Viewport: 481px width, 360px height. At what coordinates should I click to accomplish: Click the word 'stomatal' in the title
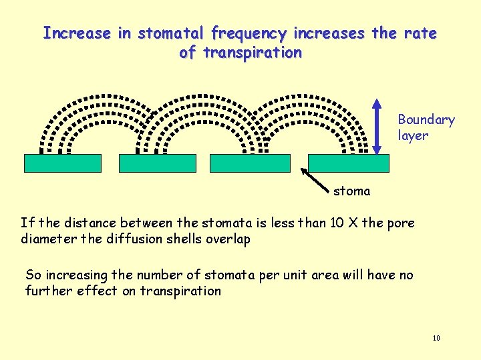172,33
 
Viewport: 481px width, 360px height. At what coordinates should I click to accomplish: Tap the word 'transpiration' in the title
253,52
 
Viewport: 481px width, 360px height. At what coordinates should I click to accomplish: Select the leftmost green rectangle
63,163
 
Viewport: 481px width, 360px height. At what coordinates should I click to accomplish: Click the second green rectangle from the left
158,163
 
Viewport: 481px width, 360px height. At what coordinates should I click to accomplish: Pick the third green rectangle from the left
251,163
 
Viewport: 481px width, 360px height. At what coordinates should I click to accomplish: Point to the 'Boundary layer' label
426,127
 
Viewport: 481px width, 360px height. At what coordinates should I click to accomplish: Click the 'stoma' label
351,191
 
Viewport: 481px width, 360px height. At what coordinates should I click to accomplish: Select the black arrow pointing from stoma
317,179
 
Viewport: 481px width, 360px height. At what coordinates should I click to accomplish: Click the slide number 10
436,339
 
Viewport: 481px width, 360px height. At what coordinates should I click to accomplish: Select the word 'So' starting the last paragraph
33,275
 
